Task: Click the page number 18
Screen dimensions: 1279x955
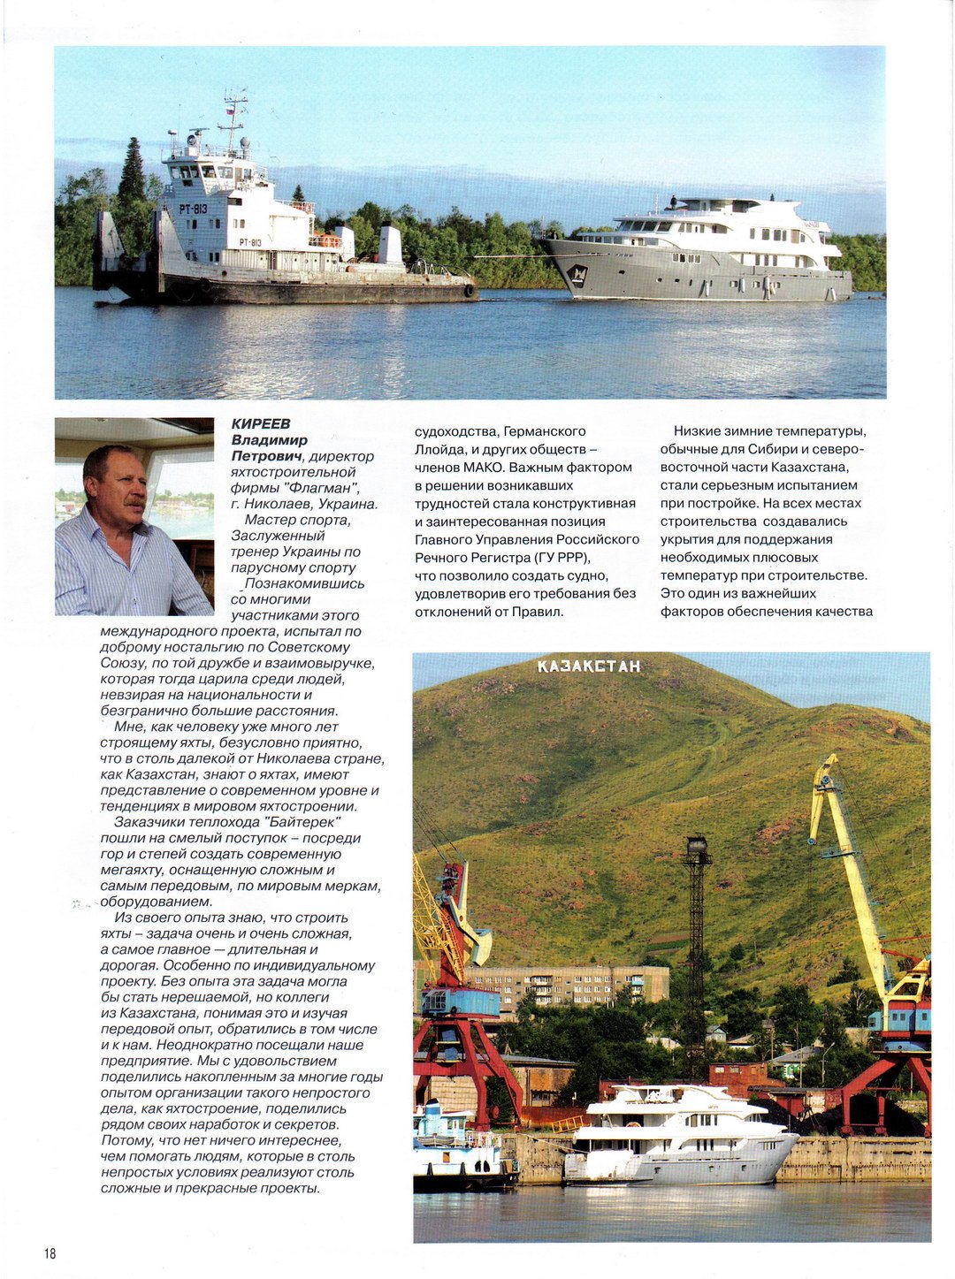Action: tap(50, 1253)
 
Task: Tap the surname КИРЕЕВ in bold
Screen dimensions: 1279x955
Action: tap(260, 424)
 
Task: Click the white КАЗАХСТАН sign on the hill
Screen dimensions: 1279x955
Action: tap(588, 666)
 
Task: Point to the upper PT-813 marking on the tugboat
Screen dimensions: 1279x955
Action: tap(194, 209)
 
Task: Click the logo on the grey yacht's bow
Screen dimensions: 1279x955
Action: tap(577, 274)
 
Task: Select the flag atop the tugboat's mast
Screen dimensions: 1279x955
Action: tap(231, 112)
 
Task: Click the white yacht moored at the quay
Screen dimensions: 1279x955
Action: tap(681, 1140)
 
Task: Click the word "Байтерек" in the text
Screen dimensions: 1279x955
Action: tap(302, 822)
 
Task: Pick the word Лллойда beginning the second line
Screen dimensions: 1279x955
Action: tap(437, 449)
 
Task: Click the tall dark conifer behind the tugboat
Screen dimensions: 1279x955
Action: tap(132, 177)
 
